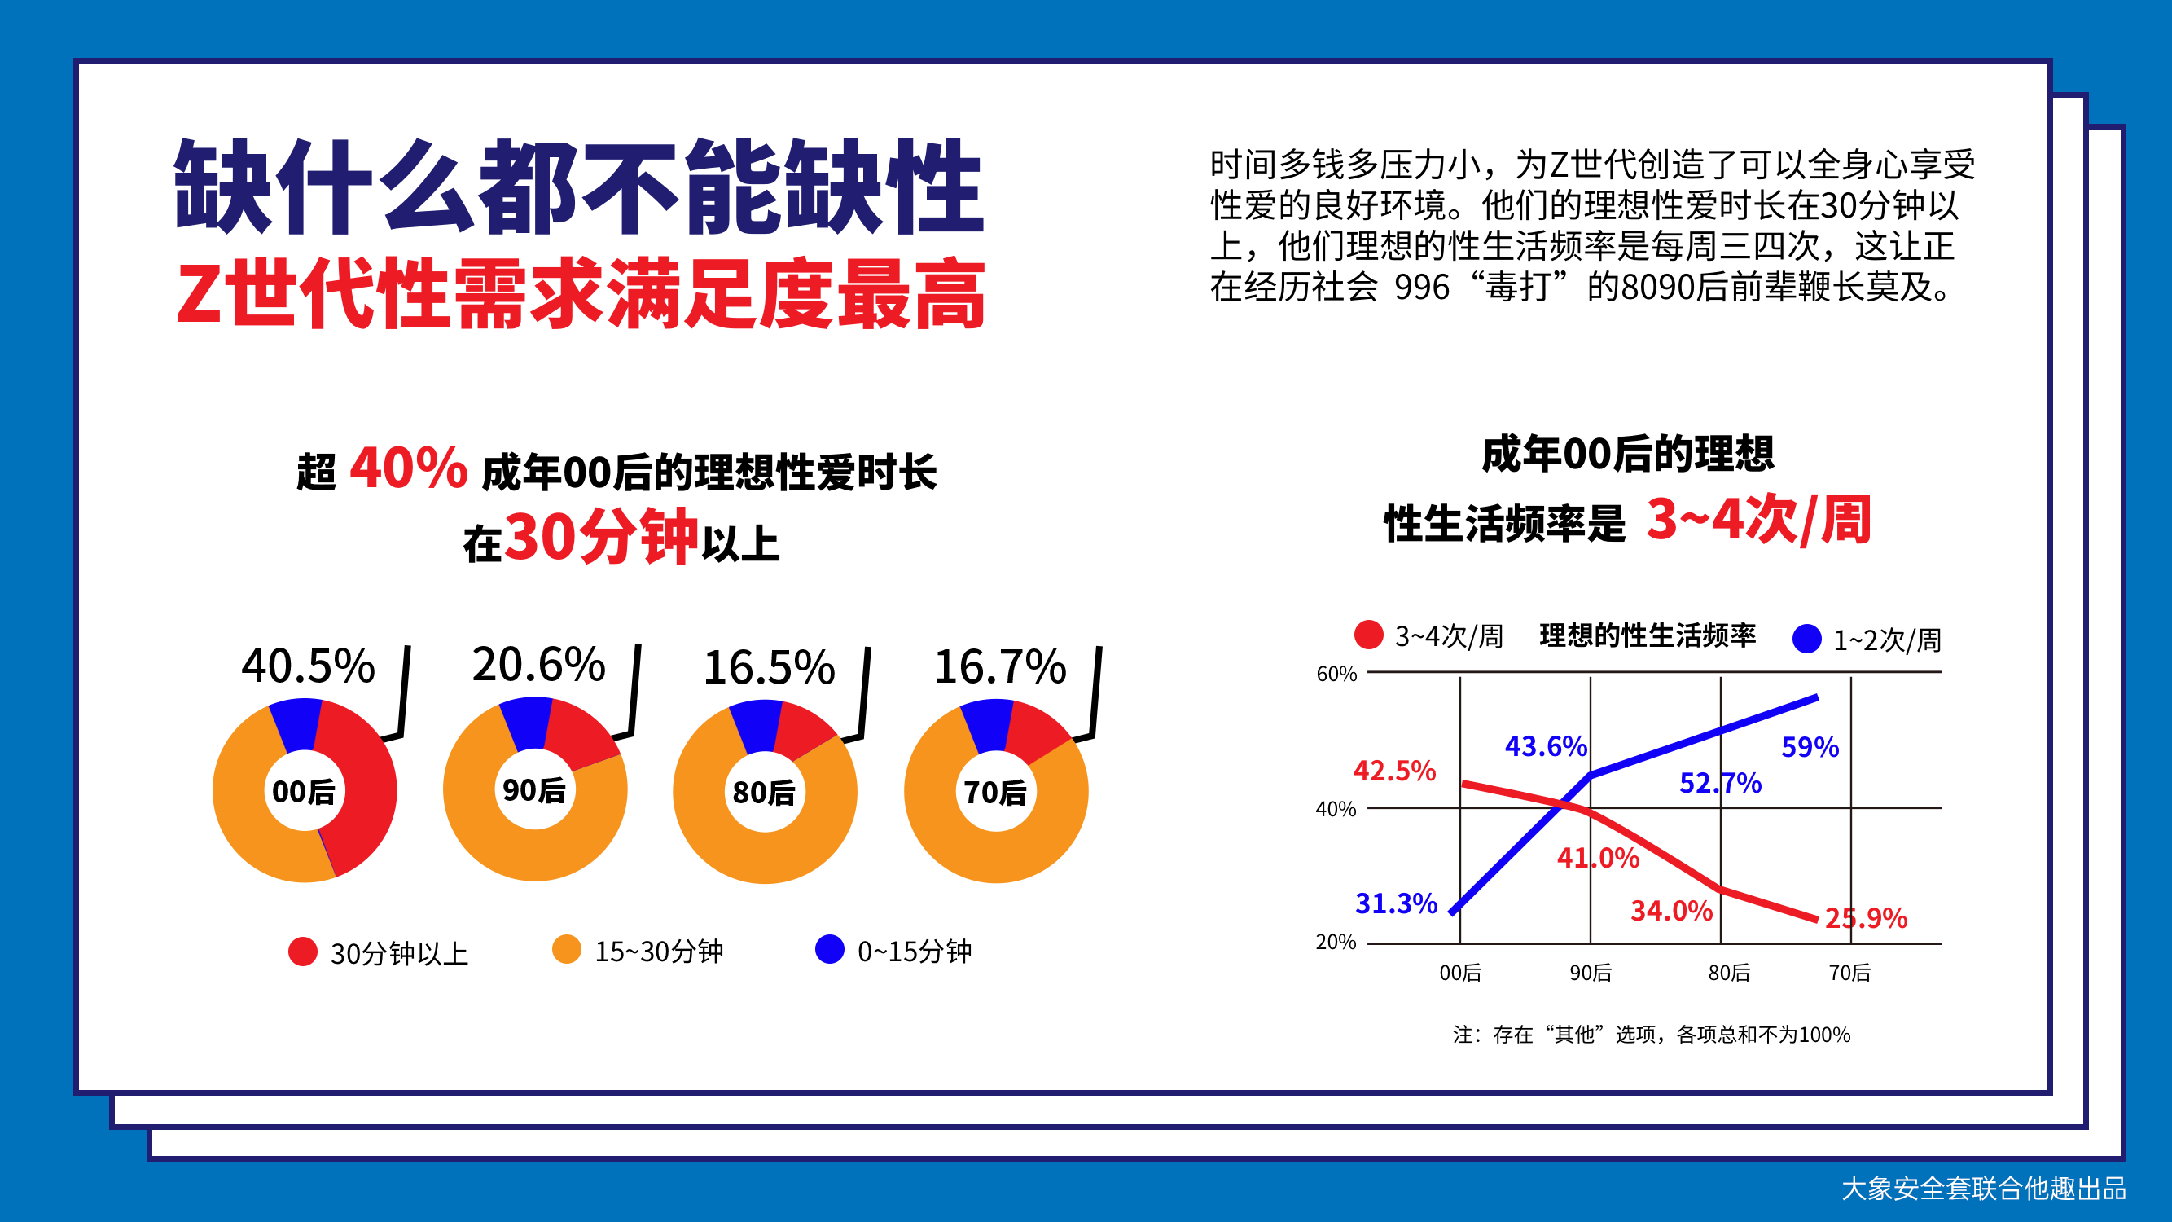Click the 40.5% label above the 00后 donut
(x=308, y=666)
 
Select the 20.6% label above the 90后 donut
(x=539, y=665)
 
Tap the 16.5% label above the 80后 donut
(x=769, y=668)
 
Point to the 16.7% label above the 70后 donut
(x=1000, y=667)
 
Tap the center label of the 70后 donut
(x=995, y=793)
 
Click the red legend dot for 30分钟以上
(x=303, y=952)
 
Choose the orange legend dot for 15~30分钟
(x=567, y=949)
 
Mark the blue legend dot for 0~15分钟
(x=830, y=949)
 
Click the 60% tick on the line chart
(x=1336, y=674)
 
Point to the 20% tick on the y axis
(x=1336, y=942)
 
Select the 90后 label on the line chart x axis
(x=1591, y=974)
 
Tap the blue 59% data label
(x=1810, y=747)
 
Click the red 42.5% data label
(x=1394, y=771)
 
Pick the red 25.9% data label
(x=1866, y=917)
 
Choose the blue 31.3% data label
(x=1396, y=904)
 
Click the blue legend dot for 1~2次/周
(x=1807, y=639)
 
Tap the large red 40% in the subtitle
(x=409, y=468)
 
